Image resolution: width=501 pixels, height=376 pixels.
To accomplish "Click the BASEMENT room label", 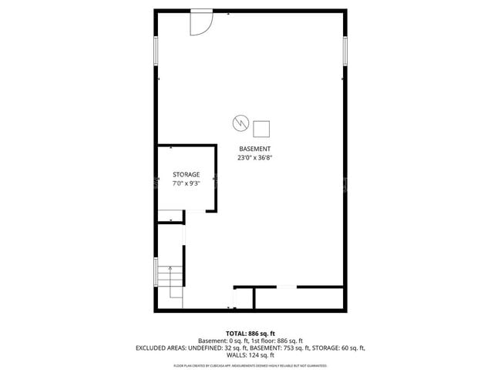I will [254, 149].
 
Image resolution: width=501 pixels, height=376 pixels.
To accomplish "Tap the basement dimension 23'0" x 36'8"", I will [254, 157].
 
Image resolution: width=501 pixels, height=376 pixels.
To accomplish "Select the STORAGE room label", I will [186, 175].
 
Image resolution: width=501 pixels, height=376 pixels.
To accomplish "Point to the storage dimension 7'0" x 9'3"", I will [186, 183].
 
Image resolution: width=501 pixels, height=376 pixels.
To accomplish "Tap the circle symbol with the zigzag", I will [239, 123].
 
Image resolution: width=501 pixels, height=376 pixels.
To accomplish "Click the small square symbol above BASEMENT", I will [261, 128].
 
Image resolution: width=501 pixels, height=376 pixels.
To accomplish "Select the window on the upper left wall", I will [156, 50].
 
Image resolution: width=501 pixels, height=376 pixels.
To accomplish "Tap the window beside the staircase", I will [156, 272].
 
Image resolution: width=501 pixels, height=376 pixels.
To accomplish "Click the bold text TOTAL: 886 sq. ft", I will [250, 334].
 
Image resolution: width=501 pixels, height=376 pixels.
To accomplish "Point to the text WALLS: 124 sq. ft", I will [250, 355].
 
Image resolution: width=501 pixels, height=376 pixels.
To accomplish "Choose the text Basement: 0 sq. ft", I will [222, 341].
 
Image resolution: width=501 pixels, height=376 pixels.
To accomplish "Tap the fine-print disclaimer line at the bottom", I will [250, 365].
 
